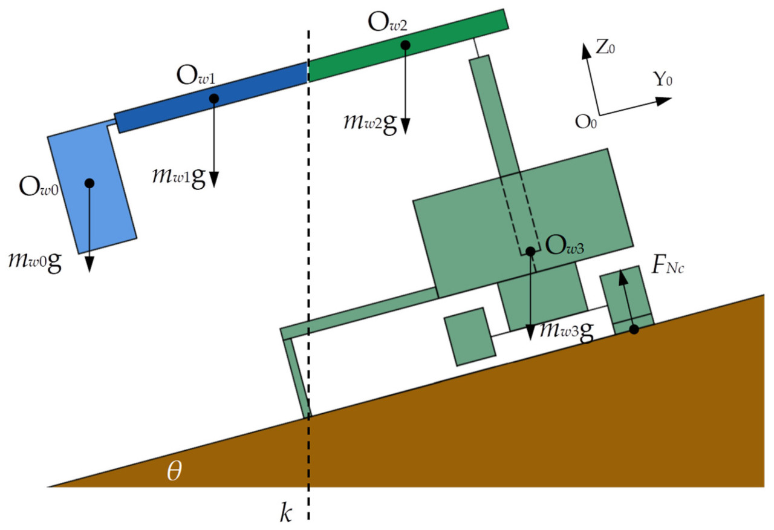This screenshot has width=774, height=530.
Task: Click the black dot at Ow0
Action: pos(89,183)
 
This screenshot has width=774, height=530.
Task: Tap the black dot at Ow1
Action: pos(213,99)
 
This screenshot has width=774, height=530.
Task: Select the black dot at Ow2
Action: pos(405,45)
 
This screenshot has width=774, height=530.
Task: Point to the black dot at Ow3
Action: pos(530,250)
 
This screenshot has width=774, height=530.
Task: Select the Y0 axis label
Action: pos(663,79)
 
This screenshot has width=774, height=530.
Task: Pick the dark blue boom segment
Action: pos(212,97)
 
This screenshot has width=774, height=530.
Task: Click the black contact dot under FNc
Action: pos(634,330)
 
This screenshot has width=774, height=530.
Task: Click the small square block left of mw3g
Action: pos(470,336)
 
